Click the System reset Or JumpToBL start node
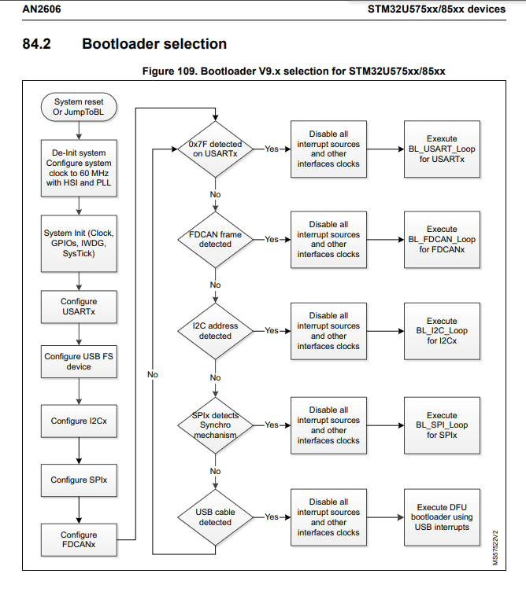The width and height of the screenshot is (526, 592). pyautogui.click(x=79, y=108)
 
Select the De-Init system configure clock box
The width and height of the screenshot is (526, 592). pyautogui.click(x=79, y=167)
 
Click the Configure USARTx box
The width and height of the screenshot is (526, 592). pyautogui.click(x=79, y=307)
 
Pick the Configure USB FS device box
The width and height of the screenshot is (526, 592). pyautogui.click(x=79, y=362)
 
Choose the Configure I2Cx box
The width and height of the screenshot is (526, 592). pyautogui.click(x=79, y=421)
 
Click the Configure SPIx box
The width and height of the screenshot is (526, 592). pyautogui.click(x=79, y=480)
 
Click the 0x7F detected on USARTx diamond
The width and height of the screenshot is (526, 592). pyautogui.click(x=215, y=149)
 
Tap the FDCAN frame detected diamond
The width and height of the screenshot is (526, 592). pyautogui.click(x=215, y=239)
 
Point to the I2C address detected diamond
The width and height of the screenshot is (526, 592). pyautogui.click(x=215, y=331)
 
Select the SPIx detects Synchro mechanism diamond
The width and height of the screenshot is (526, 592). pyautogui.click(x=215, y=425)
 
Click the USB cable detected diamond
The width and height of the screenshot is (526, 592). pyautogui.click(x=215, y=517)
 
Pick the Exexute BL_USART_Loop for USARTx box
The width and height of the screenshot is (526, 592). pyautogui.click(x=442, y=149)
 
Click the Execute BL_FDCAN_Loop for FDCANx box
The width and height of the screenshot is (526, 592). pyautogui.click(x=442, y=239)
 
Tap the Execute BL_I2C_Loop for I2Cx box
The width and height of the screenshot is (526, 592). pyautogui.click(x=442, y=331)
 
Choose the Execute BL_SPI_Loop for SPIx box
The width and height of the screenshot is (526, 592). pyautogui.click(x=442, y=425)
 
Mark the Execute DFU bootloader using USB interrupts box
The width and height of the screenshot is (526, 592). pyautogui.click(x=442, y=517)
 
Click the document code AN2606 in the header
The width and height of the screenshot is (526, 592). pyautogui.click(x=41, y=8)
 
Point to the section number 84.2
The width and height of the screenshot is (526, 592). pyautogui.click(x=37, y=44)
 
